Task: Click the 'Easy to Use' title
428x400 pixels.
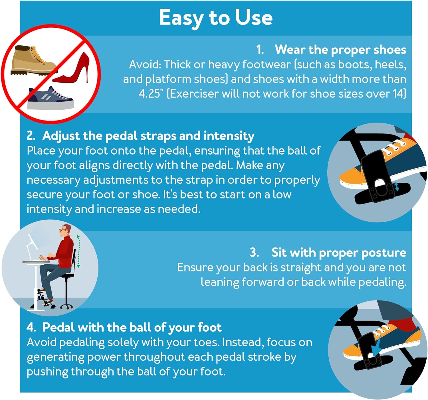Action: pyautogui.click(x=216, y=18)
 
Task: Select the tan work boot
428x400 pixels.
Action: pyautogui.click(x=32, y=61)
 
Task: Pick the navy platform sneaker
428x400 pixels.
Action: pyautogui.click(x=51, y=98)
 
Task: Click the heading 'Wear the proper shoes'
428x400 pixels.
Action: pyautogui.click(x=340, y=50)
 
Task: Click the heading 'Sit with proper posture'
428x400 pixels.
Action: pyautogui.click(x=339, y=252)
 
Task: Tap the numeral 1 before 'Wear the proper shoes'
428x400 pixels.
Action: pyautogui.click(x=260, y=50)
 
